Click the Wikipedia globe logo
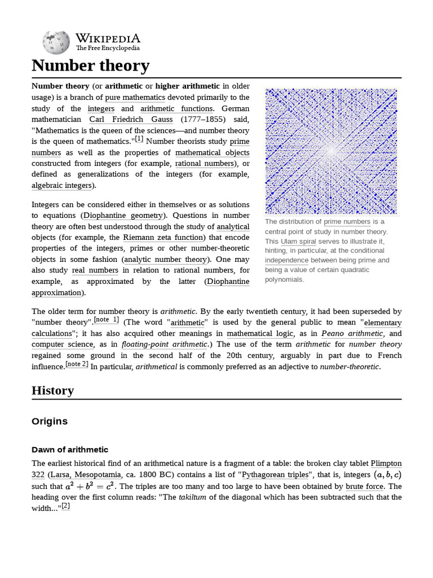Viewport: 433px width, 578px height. click(56, 42)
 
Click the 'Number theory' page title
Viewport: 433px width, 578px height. click(90, 65)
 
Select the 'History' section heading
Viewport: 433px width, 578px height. click(52, 391)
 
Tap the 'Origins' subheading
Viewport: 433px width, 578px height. click(50, 421)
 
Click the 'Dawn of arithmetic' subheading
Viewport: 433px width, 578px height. click(70, 449)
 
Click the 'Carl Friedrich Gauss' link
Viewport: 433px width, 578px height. click(131, 120)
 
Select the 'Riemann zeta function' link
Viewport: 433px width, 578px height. click(163, 237)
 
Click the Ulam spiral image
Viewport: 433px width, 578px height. click(331, 151)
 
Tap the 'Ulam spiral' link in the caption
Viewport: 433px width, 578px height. click(298, 241)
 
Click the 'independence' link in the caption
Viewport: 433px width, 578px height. click(286, 260)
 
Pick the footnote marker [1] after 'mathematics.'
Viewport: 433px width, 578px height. click(139, 139)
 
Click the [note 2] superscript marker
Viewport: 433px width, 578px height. click(77, 364)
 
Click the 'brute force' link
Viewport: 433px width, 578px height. click(365, 486)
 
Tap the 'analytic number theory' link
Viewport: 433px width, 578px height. click(166, 260)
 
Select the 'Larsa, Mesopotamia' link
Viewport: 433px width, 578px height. click(77, 475)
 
